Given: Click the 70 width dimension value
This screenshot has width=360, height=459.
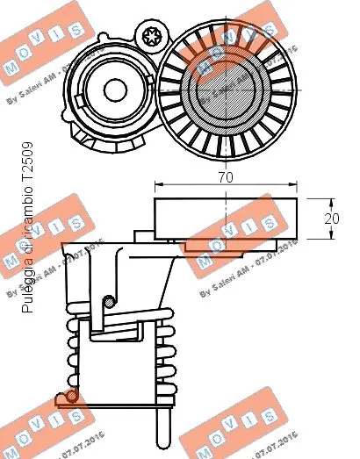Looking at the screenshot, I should (226, 176).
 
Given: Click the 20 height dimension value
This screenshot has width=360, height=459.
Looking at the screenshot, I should (331, 219).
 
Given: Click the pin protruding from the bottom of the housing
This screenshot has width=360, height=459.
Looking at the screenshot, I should (162, 430).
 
